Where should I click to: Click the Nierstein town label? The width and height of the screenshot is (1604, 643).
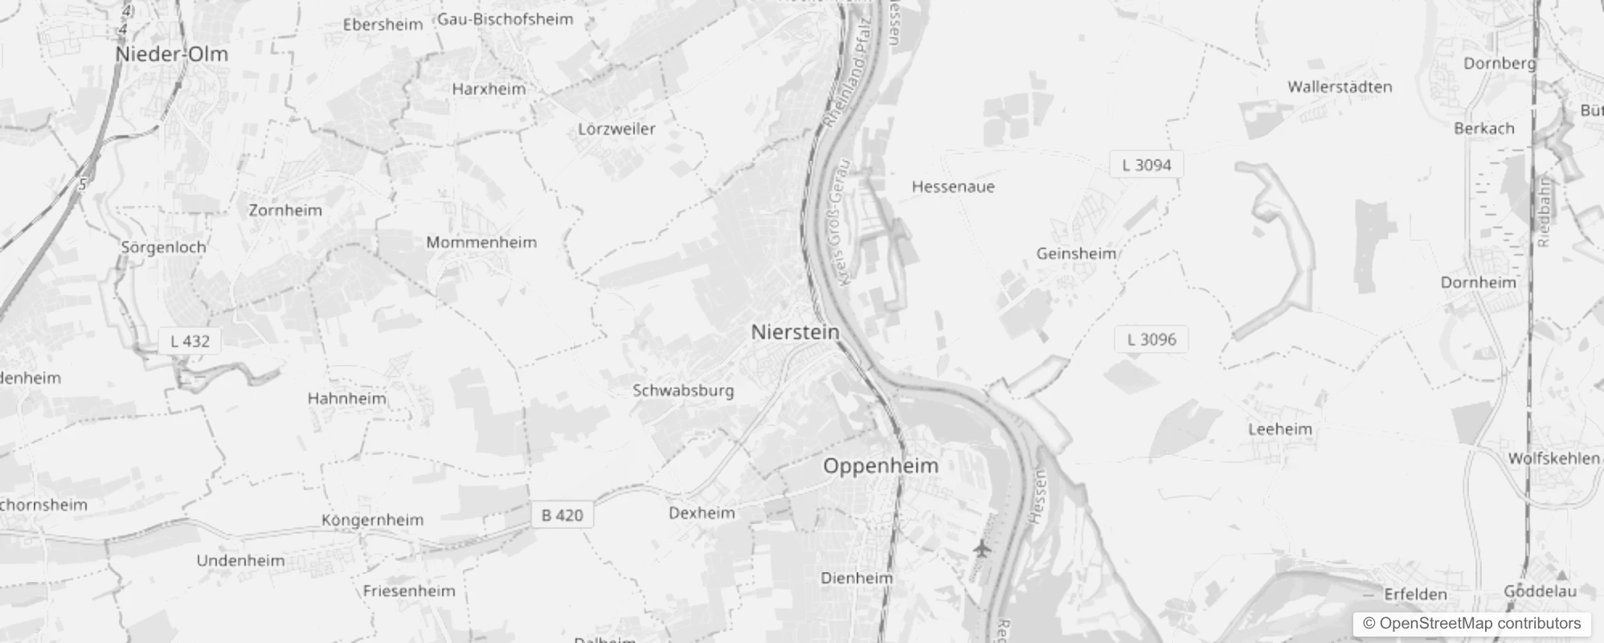[795, 332]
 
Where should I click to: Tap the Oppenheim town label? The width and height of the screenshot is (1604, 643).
[881, 466]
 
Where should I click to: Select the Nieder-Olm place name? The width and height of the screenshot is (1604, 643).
[171, 55]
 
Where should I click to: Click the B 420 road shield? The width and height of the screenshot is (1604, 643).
[562, 515]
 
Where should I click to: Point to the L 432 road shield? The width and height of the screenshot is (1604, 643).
[190, 341]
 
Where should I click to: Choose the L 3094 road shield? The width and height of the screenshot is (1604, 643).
[1147, 165]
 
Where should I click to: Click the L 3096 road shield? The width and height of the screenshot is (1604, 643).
[1151, 339]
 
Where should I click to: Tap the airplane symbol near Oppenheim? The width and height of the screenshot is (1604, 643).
[980, 549]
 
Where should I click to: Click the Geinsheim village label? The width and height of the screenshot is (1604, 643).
[1076, 254]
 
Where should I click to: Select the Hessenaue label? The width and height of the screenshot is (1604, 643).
[953, 186]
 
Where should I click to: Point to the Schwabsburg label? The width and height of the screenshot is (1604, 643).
[683, 391]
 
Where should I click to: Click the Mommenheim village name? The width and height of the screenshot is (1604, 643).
[481, 243]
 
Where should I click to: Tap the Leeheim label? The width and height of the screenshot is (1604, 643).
[1280, 429]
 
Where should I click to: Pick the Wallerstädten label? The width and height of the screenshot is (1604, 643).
[1340, 87]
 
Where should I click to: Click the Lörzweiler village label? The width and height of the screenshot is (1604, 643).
[616, 129]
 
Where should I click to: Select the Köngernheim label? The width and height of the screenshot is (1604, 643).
[372, 520]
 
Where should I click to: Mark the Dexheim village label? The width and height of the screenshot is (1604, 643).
[702, 513]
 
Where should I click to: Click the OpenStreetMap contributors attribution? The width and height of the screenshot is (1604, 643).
[1471, 624]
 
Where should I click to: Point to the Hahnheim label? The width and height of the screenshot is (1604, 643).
[346, 399]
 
